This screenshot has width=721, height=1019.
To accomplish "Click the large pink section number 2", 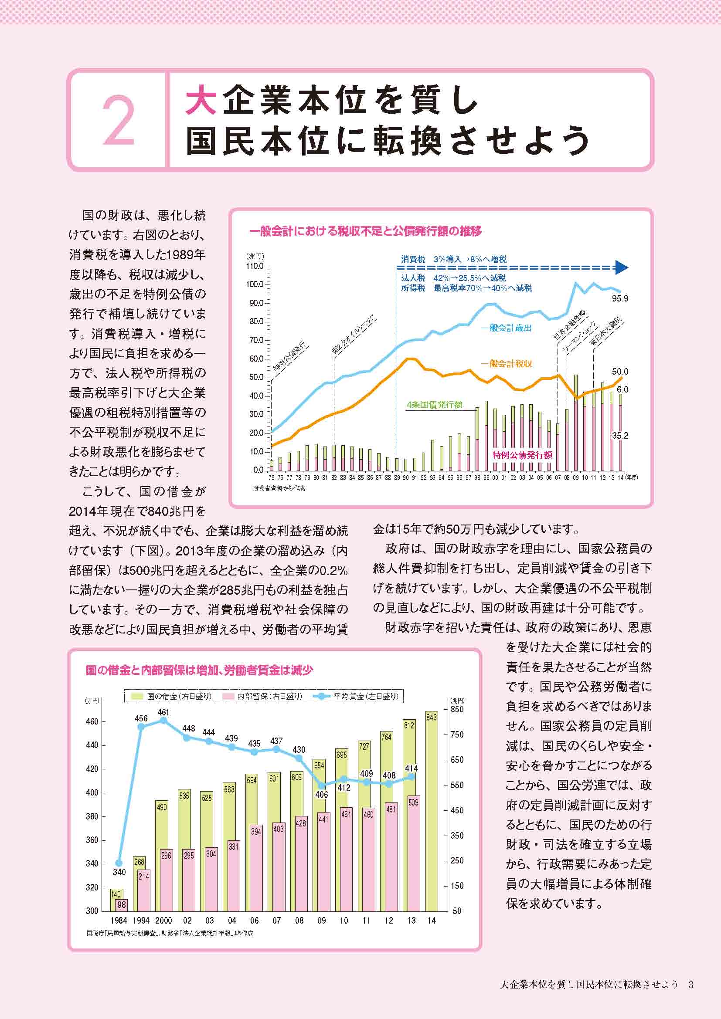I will tap(119, 120).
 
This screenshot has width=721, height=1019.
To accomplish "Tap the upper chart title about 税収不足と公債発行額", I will tap(365, 231).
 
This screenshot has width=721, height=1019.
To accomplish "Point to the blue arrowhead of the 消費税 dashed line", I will tap(622, 267).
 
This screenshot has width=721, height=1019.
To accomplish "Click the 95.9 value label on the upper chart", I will tap(620, 299).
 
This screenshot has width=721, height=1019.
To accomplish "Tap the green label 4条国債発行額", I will tap(435, 405).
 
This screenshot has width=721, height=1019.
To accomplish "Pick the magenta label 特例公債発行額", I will tap(522, 455).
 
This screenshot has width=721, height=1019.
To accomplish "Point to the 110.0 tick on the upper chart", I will tap(255, 266).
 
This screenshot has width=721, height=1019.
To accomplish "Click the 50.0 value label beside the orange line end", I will tap(620, 372).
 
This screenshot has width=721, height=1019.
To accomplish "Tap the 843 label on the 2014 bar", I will tap(431, 718).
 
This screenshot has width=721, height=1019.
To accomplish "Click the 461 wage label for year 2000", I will tap(163, 712).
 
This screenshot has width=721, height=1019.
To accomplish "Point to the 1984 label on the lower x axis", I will tap(119, 921).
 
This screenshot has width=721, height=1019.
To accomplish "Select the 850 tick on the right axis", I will tap(457, 709).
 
